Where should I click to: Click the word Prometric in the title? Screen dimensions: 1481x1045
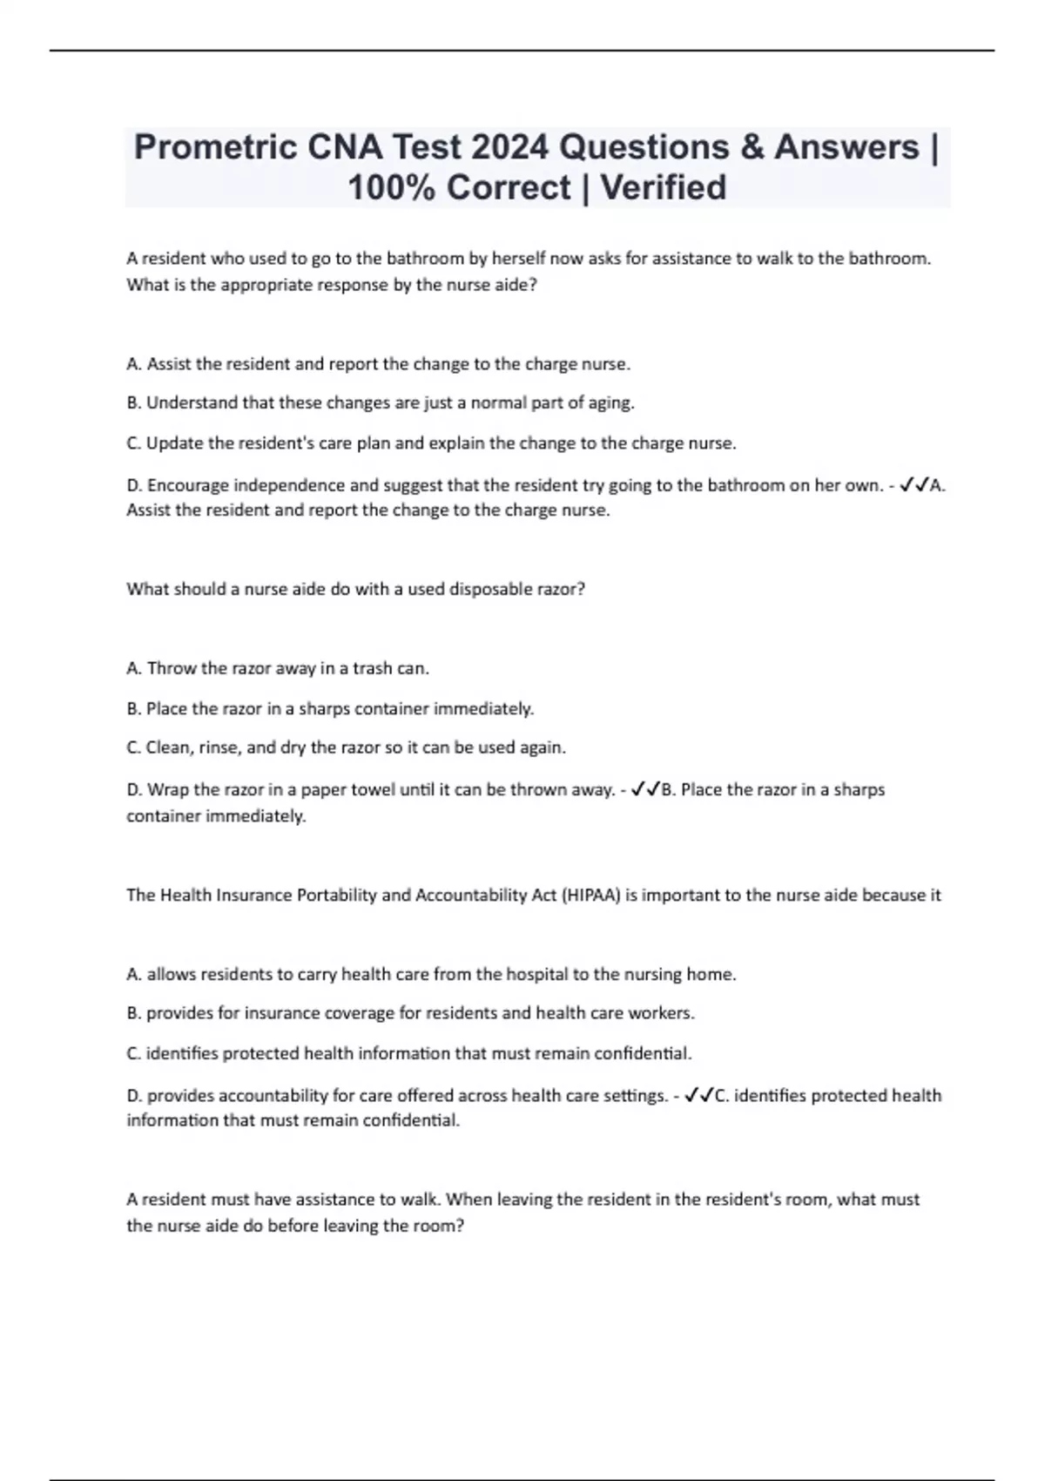point(214,147)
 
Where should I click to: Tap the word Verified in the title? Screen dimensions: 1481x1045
point(664,187)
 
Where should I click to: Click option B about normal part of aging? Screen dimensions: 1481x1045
point(381,403)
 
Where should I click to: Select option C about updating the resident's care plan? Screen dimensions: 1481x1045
point(431,443)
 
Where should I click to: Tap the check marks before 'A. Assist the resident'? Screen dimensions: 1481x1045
point(914,485)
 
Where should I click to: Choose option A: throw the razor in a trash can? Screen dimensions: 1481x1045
point(278,668)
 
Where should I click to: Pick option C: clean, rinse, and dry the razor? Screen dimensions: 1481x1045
point(346,747)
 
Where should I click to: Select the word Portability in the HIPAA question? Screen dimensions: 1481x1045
point(339,895)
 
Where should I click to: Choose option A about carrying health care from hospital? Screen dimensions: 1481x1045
point(431,974)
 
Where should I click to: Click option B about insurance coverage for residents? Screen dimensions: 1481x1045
point(410,1013)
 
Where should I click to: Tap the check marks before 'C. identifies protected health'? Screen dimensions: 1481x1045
point(699,1096)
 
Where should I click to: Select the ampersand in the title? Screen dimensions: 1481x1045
point(749,147)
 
